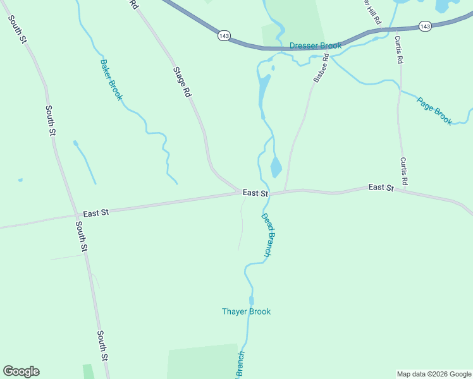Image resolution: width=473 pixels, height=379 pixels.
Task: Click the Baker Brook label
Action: (111, 80)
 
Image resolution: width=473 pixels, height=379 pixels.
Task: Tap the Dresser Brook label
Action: (316, 45)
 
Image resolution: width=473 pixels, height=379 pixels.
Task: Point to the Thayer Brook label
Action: (246, 311)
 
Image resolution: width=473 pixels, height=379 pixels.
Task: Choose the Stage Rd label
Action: (182, 82)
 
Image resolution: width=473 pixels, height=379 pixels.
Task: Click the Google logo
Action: (21, 371)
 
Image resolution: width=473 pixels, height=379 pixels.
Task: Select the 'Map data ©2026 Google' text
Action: (434, 374)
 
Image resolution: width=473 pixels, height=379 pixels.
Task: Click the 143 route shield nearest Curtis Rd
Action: (425, 26)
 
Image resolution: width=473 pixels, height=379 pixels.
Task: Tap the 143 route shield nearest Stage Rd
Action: (224, 36)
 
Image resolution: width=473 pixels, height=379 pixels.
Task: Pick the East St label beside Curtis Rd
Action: (381, 188)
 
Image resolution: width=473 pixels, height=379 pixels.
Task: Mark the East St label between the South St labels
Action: (96, 213)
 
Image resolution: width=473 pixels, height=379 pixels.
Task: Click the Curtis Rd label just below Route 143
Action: (399, 51)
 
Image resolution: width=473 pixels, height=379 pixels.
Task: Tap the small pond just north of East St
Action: (276, 167)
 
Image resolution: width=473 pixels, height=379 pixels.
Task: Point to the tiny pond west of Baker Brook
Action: (20, 180)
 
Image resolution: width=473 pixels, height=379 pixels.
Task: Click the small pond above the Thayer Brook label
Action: (251, 300)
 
